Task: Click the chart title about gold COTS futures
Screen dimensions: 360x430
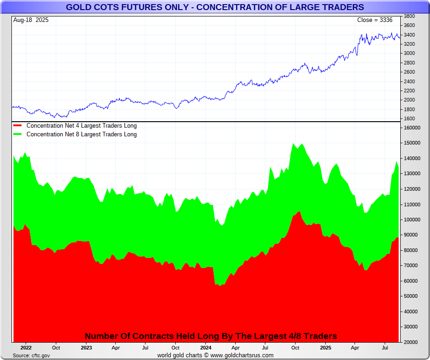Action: tap(215, 7)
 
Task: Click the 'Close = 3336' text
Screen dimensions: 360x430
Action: tap(375, 20)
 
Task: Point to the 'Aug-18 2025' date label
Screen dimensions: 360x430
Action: tap(31, 20)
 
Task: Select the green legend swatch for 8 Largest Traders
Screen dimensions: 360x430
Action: tap(18, 134)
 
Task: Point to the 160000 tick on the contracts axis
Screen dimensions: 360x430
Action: tap(412, 128)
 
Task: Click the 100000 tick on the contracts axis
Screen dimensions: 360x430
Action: tap(412, 220)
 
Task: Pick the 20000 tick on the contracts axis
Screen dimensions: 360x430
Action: tap(411, 342)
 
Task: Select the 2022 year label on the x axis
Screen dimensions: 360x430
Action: tap(26, 348)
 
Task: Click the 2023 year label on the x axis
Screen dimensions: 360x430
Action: tap(86, 348)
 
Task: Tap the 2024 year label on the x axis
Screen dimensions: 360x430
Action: tap(205, 348)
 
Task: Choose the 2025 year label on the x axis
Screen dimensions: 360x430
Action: tap(325, 348)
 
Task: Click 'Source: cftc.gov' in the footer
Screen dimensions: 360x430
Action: tap(32, 355)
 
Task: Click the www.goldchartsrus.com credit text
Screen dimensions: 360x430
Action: tap(242, 355)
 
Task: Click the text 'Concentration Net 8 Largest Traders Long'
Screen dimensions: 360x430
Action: tap(81, 134)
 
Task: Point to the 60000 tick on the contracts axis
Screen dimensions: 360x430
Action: tap(411, 281)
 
